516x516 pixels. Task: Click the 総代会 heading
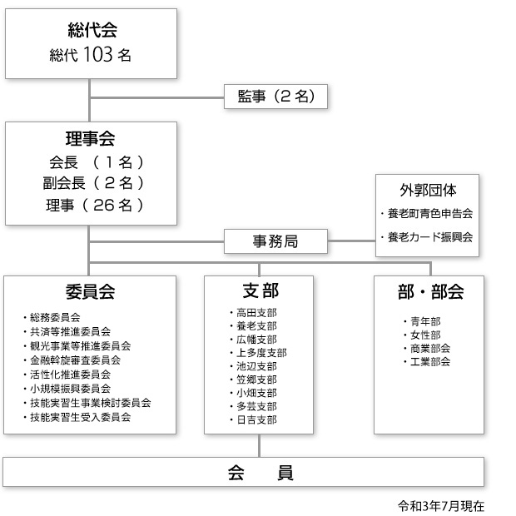click(92, 30)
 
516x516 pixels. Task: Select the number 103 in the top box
click(98, 54)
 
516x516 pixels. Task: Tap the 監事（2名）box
click(275, 97)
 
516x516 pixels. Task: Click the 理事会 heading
click(91, 138)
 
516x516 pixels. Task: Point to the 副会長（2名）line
click(93, 183)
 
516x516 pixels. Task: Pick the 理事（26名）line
click(95, 206)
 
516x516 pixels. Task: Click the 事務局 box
click(275, 241)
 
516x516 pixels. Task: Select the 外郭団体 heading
click(428, 191)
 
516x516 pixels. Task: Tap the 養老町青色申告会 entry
click(427, 214)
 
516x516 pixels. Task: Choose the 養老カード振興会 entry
click(427, 237)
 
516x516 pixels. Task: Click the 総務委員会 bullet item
click(52, 318)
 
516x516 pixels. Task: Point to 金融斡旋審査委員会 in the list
click(72, 360)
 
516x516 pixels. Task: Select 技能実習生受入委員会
click(77, 417)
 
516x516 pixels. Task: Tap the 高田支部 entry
click(253, 313)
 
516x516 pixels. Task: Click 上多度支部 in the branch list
click(258, 353)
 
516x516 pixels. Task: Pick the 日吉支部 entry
click(253, 419)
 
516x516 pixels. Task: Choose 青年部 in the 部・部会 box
click(422, 321)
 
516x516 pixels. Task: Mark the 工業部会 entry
click(427, 362)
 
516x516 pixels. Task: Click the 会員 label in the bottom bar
click(260, 473)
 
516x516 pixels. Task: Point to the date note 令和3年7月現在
click(441, 506)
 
